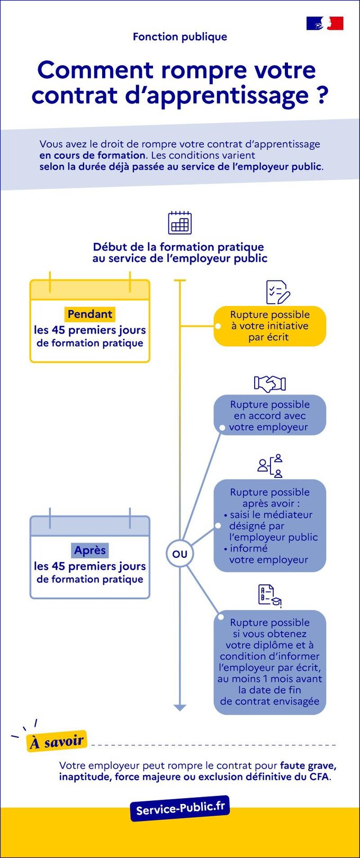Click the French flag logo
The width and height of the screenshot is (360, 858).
point(325,23)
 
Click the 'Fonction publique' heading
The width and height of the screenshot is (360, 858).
point(180,37)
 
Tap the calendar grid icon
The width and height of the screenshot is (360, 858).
point(179,223)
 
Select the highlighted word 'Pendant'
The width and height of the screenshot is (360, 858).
point(90,314)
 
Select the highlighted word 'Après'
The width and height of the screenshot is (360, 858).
point(90,550)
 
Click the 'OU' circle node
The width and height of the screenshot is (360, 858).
point(180,554)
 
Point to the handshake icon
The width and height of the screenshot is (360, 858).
point(270,383)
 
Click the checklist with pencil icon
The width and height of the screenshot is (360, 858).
point(277,292)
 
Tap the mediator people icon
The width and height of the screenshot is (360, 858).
point(270,466)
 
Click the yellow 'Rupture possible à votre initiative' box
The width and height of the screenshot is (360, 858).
point(270,326)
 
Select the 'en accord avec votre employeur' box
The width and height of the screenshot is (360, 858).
point(270,416)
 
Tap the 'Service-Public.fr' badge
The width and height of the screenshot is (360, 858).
point(180,808)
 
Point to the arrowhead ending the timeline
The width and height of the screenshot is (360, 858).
point(180,708)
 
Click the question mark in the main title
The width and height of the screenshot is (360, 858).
point(322,95)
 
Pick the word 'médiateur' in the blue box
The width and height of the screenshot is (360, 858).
point(288,514)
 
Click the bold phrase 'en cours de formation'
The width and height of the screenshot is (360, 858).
point(92,156)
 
